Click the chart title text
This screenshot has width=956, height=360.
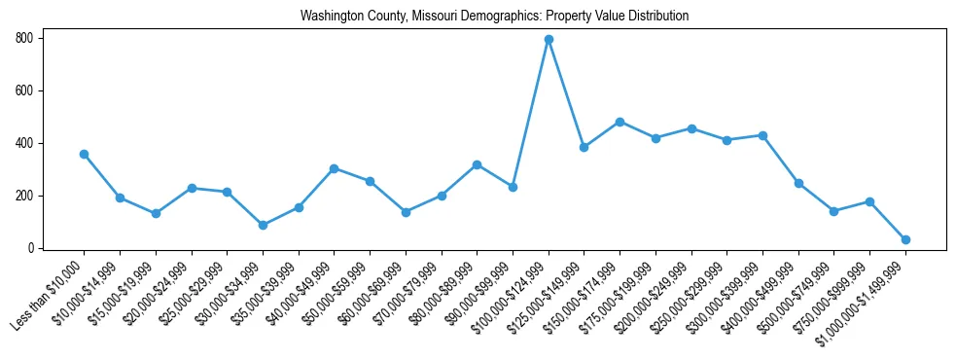tap(494, 16)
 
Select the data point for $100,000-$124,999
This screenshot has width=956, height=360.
tap(549, 39)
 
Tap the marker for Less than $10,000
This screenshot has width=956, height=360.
tap(84, 154)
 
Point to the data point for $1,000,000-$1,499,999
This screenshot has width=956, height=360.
tap(905, 239)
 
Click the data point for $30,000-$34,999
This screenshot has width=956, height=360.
tap(263, 225)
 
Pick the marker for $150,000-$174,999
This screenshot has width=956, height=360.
tap(620, 122)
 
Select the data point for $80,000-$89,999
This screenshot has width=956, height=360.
tap(477, 164)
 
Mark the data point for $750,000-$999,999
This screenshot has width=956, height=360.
tap(869, 201)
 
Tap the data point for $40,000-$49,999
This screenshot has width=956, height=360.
tap(334, 168)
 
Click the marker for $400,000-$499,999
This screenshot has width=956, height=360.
tap(798, 183)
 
